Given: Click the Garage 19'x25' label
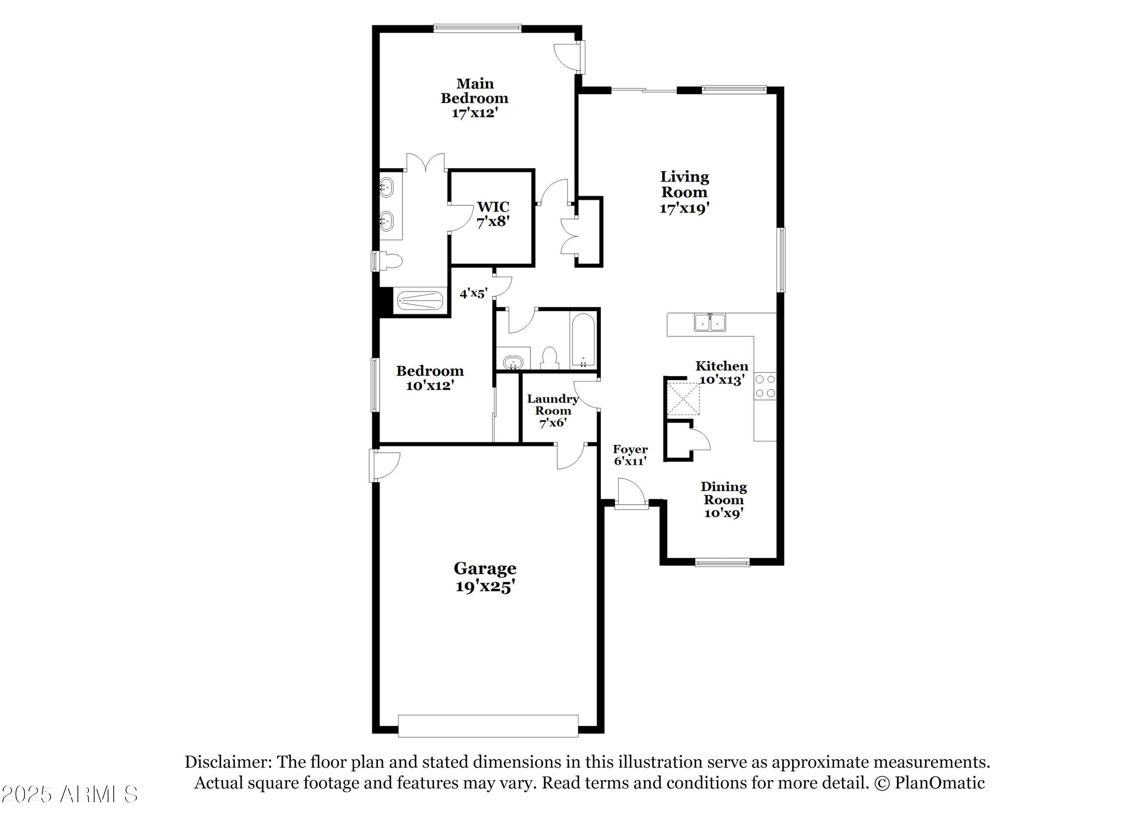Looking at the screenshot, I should pos(485,577).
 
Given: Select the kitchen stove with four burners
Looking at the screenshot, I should pos(765,386).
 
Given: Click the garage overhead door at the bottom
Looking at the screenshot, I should pos(488,726).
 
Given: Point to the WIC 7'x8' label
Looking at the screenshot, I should pos(493,214).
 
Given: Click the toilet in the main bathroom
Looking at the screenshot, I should pos(391,261).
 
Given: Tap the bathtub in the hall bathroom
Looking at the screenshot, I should pos(583,341).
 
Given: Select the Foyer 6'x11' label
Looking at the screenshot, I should pos(630,455).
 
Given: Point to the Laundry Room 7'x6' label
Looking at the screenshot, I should pos(553,410).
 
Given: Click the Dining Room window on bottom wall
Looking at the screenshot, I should pos(722,562).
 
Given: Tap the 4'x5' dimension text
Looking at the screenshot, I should pos(473,293).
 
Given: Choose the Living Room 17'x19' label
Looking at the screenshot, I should pos(685,192).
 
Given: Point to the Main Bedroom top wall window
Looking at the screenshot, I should pos(477,28).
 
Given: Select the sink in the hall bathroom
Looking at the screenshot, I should pos(513,362).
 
